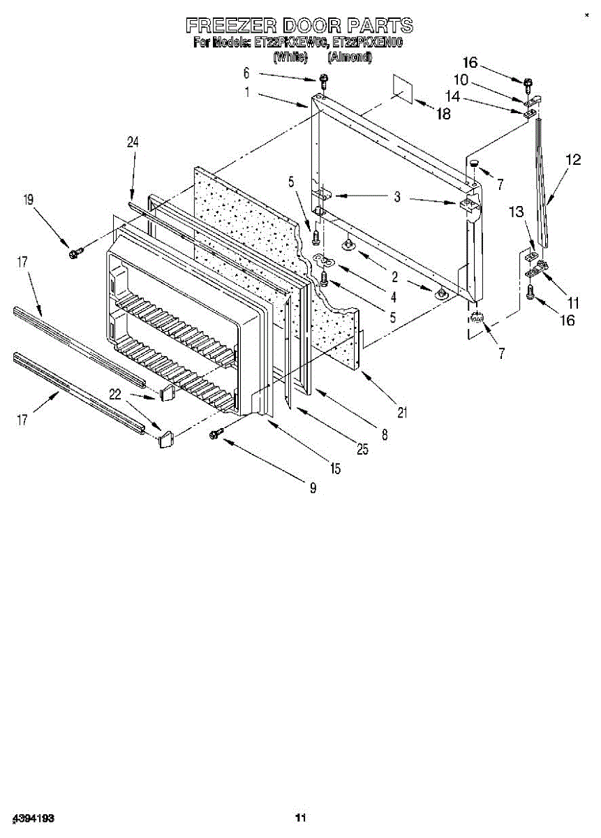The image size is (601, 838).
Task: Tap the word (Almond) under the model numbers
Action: click(x=349, y=57)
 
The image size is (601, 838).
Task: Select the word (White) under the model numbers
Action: click(x=290, y=57)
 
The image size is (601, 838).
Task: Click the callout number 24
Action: click(x=133, y=142)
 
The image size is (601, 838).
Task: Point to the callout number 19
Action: click(x=28, y=200)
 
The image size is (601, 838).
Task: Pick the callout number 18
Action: click(x=443, y=115)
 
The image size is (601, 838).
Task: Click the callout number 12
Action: click(x=572, y=159)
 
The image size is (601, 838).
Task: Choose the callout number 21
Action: click(x=402, y=412)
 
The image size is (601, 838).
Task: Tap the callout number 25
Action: click(x=362, y=450)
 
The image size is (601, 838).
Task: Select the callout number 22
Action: click(x=115, y=395)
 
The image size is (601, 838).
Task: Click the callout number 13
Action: click(x=516, y=212)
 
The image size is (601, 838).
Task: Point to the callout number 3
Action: click(x=397, y=198)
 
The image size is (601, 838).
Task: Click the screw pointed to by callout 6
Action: click(x=323, y=79)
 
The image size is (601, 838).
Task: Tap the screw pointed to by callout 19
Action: click(x=74, y=251)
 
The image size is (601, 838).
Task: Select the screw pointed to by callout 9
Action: click(x=216, y=434)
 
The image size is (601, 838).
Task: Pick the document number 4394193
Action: click(x=34, y=818)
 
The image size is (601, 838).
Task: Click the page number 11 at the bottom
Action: click(x=300, y=818)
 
